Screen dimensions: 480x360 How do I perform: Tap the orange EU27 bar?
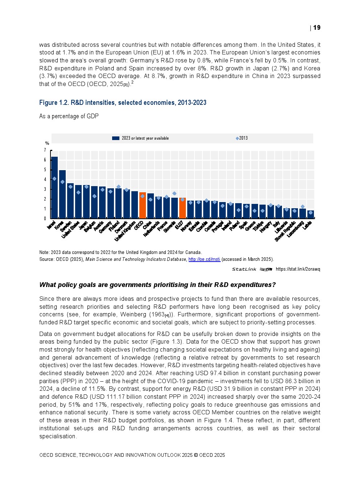[182, 208]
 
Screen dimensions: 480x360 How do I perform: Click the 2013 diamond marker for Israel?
[54, 179]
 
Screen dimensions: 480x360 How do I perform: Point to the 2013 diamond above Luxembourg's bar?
[302, 206]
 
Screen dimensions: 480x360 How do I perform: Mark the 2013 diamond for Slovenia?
[174, 193]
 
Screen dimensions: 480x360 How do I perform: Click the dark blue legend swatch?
[116, 138]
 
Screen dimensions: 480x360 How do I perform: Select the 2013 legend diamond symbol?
[237, 138]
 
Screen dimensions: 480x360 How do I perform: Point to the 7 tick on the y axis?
[45, 150]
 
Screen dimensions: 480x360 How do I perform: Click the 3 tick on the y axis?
[45, 189]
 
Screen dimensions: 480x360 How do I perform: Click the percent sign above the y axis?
[47, 143]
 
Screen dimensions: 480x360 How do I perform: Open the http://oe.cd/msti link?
[204, 259]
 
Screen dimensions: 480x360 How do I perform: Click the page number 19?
[317, 28]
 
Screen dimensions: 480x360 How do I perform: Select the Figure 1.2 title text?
[123, 103]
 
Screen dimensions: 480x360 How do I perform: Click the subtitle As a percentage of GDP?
[69, 116]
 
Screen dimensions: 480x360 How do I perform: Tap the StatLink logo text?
[244, 269]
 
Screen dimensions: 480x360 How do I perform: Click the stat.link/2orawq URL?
[298, 269]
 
